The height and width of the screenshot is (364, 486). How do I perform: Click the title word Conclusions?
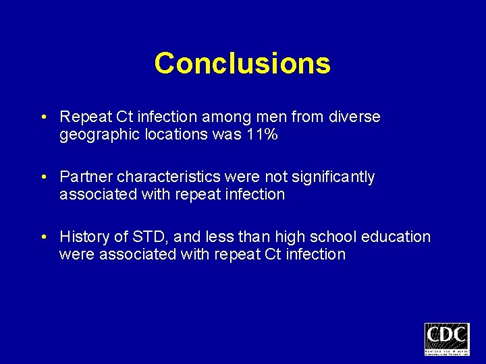coord(242,64)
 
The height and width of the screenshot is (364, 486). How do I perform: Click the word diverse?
coord(356,117)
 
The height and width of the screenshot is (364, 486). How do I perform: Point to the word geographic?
coord(96,135)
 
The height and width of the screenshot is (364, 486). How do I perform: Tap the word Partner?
coord(86,177)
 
